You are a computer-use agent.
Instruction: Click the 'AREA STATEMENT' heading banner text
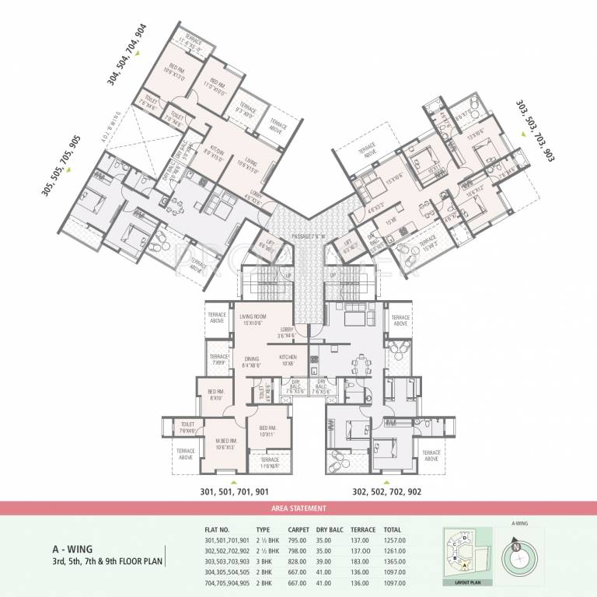point(298,508)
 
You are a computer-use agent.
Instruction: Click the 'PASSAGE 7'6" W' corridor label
point(298,236)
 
